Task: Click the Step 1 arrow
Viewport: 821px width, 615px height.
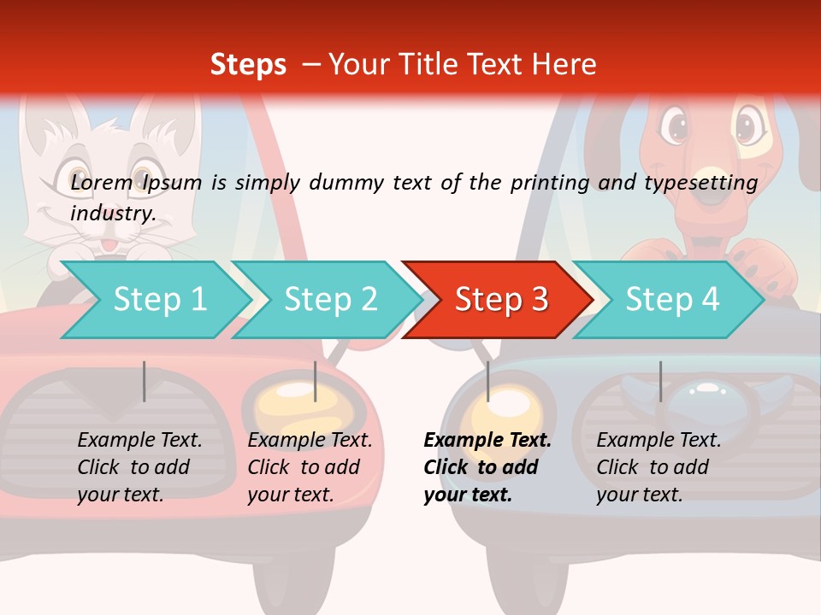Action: click(154, 300)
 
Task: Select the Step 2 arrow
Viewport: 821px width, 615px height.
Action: click(329, 300)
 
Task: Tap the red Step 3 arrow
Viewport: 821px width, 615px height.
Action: click(500, 300)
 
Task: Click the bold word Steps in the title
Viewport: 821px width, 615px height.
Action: click(248, 65)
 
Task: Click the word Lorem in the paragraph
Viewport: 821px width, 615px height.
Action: click(102, 182)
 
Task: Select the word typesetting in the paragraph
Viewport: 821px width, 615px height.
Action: click(702, 182)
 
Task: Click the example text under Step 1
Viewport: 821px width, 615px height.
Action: click(139, 467)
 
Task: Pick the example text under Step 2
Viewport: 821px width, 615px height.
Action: click(310, 467)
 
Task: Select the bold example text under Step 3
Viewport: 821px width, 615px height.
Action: click(487, 467)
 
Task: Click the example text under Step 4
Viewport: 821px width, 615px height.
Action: click(659, 467)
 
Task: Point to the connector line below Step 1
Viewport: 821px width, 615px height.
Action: click(145, 381)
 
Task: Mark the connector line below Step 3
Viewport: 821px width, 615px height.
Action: click(488, 381)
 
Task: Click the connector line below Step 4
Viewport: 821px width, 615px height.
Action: click(660, 381)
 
